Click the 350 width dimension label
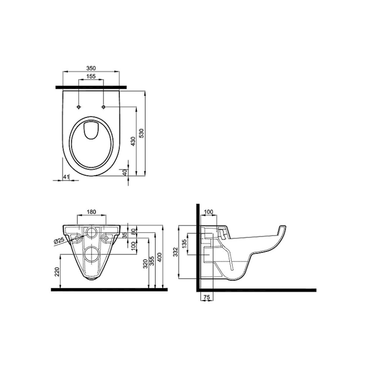(x=91, y=68)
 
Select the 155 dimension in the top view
(x=91, y=76)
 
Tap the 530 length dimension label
(x=142, y=133)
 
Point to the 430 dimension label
(x=133, y=142)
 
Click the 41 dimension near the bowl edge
(x=66, y=177)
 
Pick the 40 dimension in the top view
(x=125, y=172)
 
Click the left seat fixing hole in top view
(x=79, y=107)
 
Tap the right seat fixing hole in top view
(x=104, y=107)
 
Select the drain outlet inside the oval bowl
(x=92, y=130)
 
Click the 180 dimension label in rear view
(x=92, y=212)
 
